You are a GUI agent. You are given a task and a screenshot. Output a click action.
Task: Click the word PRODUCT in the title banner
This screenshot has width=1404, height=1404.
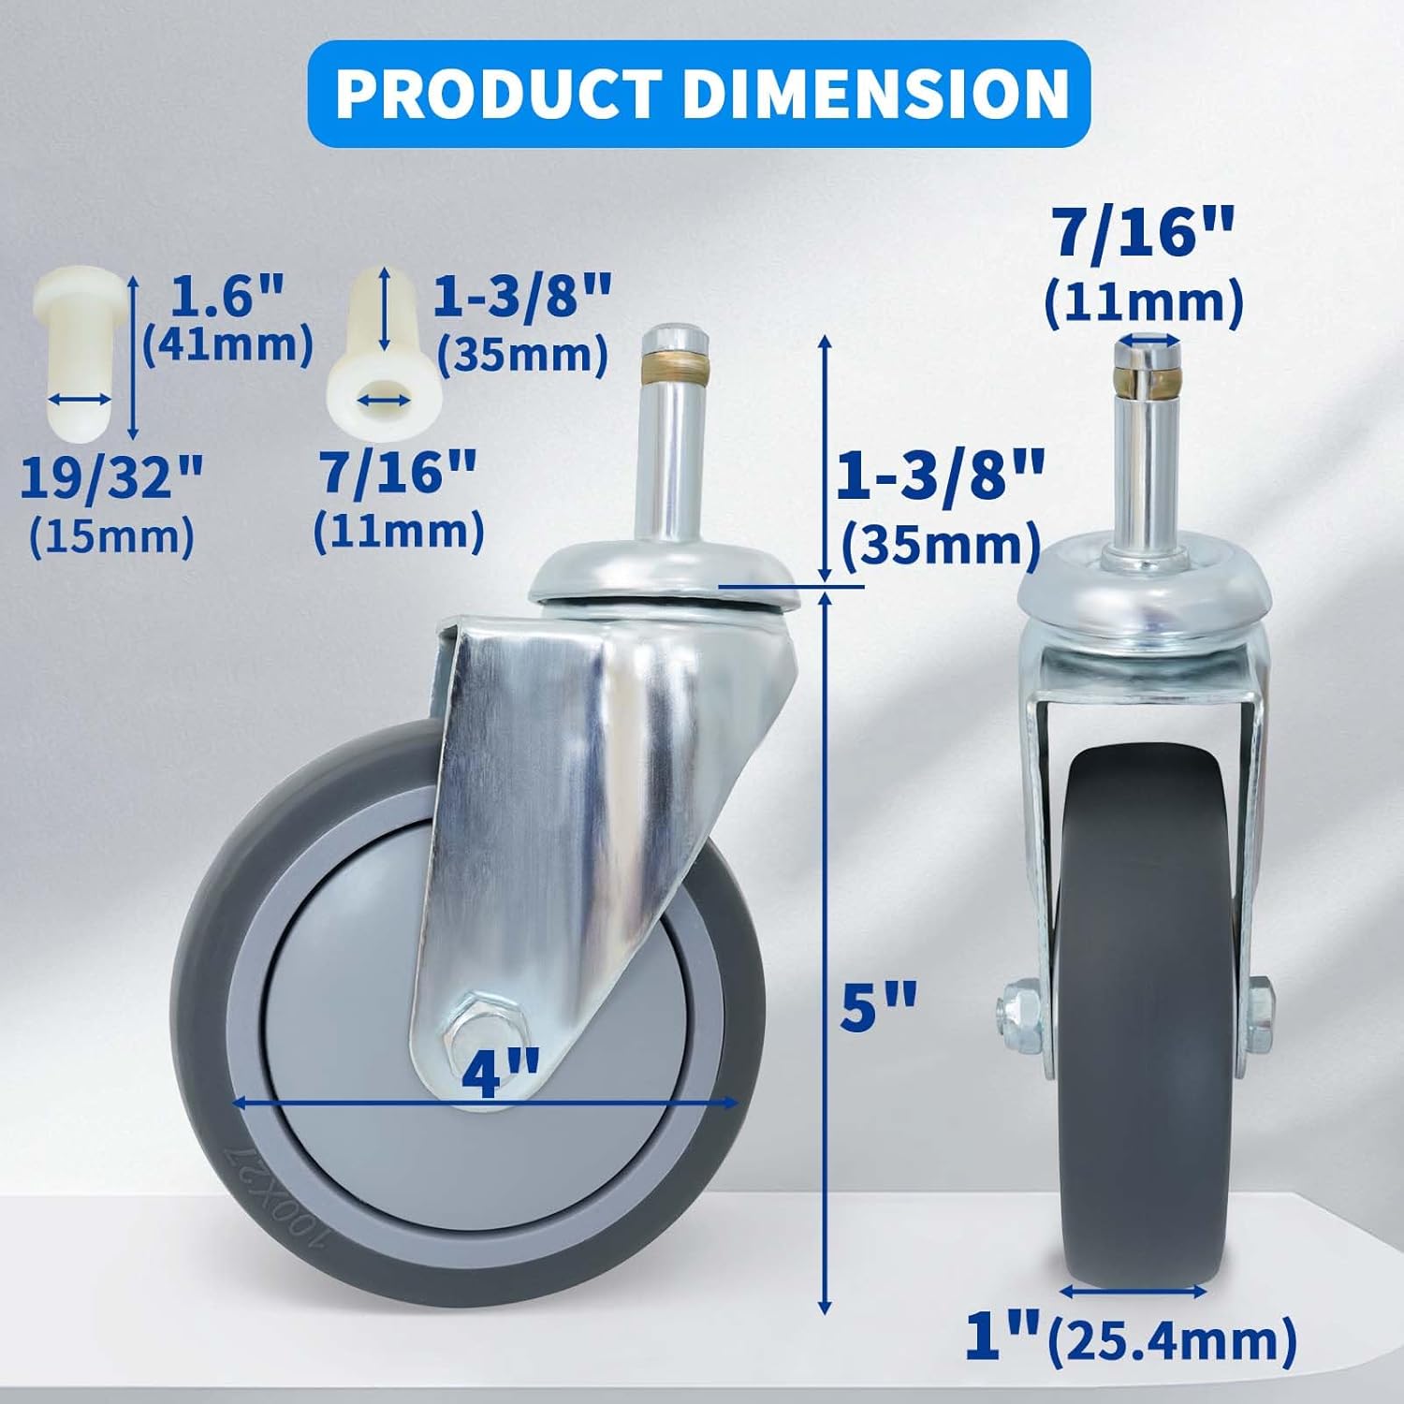click(499, 94)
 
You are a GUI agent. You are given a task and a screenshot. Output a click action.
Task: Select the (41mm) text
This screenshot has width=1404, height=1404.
click(227, 344)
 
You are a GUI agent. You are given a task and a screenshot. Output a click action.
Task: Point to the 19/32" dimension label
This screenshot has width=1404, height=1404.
click(111, 478)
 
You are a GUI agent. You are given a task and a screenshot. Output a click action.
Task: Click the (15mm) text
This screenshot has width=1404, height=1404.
click(111, 536)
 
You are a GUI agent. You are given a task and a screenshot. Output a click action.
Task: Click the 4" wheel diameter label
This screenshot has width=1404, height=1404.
click(501, 1075)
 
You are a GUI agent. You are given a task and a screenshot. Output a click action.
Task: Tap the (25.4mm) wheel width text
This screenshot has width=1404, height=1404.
click(1172, 1339)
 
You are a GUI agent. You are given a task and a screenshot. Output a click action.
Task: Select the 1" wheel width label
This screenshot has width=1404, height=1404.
click(1002, 1338)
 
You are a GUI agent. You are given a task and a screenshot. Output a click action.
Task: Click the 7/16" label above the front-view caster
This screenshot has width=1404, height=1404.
click(1144, 234)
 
